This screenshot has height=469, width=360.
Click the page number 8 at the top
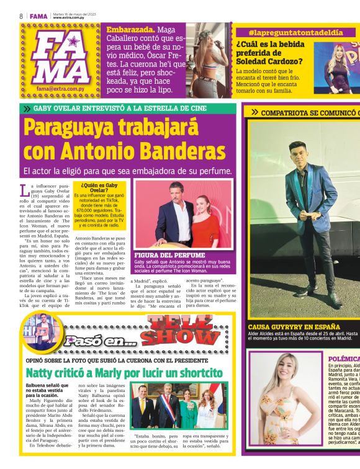[x=20, y=15]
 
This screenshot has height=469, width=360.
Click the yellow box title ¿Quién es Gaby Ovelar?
[x=99, y=187]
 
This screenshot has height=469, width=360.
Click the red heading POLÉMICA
[x=343, y=359]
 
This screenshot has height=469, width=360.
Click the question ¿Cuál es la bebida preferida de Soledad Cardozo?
[x=268, y=52]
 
